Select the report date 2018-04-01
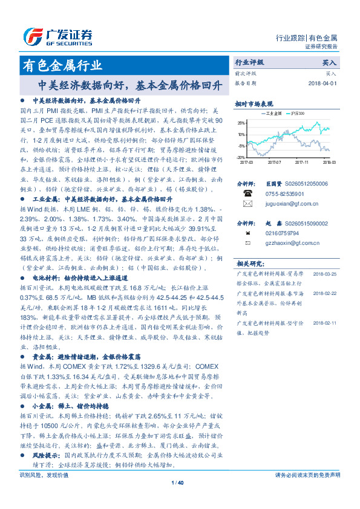click(322, 83)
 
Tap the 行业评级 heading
click(249, 62)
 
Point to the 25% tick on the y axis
click(241, 123)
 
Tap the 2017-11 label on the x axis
click(303, 162)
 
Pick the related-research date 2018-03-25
click(326, 273)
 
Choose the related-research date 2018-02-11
click(326, 323)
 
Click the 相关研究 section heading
click(249, 263)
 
